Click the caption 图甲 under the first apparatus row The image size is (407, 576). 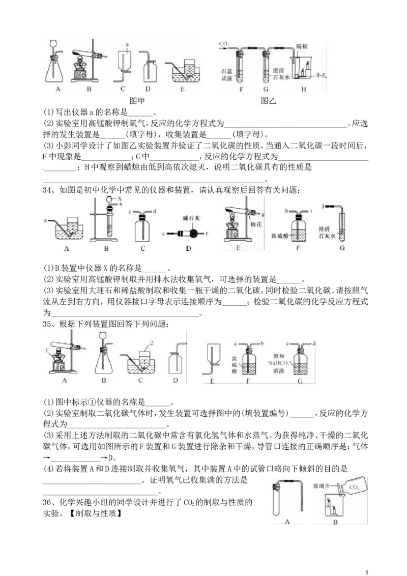tap(137, 101)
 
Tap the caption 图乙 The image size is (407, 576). tap(268, 101)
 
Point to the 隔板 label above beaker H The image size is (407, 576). tap(302, 47)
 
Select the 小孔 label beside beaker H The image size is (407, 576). tap(321, 75)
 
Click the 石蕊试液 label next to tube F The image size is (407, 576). tap(226, 75)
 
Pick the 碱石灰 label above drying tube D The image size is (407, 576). tap(191, 218)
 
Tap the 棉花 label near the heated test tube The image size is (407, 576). tap(256, 224)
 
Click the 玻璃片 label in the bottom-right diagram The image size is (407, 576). tap(322, 486)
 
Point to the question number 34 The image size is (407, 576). tap(48, 190)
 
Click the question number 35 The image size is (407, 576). tap(48, 324)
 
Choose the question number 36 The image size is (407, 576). tap(48, 502)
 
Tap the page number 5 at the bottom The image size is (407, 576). tap(367, 572)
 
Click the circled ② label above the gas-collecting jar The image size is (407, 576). tap(151, 343)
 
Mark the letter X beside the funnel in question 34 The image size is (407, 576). tap(120, 199)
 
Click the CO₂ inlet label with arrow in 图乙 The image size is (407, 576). tap(224, 44)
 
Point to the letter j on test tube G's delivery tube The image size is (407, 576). tap(323, 206)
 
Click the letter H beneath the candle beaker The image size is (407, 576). tap(303, 89)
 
